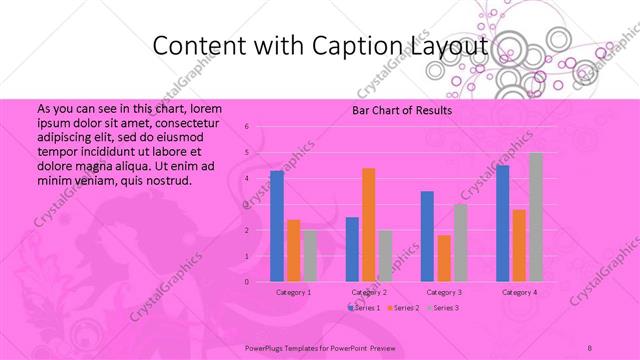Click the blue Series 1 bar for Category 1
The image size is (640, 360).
pyautogui.click(x=277, y=226)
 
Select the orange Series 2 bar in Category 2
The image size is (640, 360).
pyautogui.click(x=368, y=225)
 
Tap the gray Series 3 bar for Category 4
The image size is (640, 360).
pyautogui.click(x=535, y=217)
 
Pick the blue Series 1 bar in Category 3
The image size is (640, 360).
pyautogui.click(x=427, y=236)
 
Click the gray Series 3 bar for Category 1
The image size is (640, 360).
pyautogui.click(x=309, y=256)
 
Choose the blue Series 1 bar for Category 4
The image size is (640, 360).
pyautogui.click(x=502, y=223)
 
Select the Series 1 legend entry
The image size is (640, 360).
pyautogui.click(x=364, y=308)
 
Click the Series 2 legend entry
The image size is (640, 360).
pyautogui.click(x=403, y=308)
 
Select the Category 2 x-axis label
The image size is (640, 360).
pyautogui.click(x=369, y=292)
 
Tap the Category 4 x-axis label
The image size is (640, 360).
pyautogui.click(x=519, y=292)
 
